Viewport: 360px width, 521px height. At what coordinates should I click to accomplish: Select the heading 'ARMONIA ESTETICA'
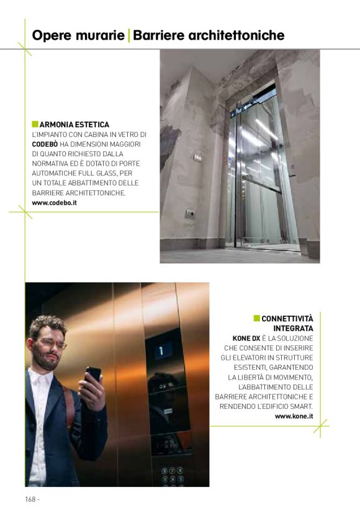coord(74,125)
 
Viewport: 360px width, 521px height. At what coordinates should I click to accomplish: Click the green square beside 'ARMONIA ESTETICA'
coord(35,124)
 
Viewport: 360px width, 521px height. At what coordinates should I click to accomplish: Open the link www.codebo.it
coord(54,203)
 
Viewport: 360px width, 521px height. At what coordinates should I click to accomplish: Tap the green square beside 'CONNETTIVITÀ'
coord(256,319)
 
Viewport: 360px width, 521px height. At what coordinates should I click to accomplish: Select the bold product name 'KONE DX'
coord(246,338)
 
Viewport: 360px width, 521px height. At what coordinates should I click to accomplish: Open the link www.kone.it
coord(294,416)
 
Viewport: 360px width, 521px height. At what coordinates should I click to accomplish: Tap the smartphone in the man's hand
coord(93,376)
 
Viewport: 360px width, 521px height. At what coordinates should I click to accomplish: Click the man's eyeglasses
coord(51,342)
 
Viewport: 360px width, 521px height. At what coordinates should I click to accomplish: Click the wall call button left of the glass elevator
coord(190,214)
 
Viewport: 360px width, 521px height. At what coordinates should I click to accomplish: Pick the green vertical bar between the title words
coord(128,35)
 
